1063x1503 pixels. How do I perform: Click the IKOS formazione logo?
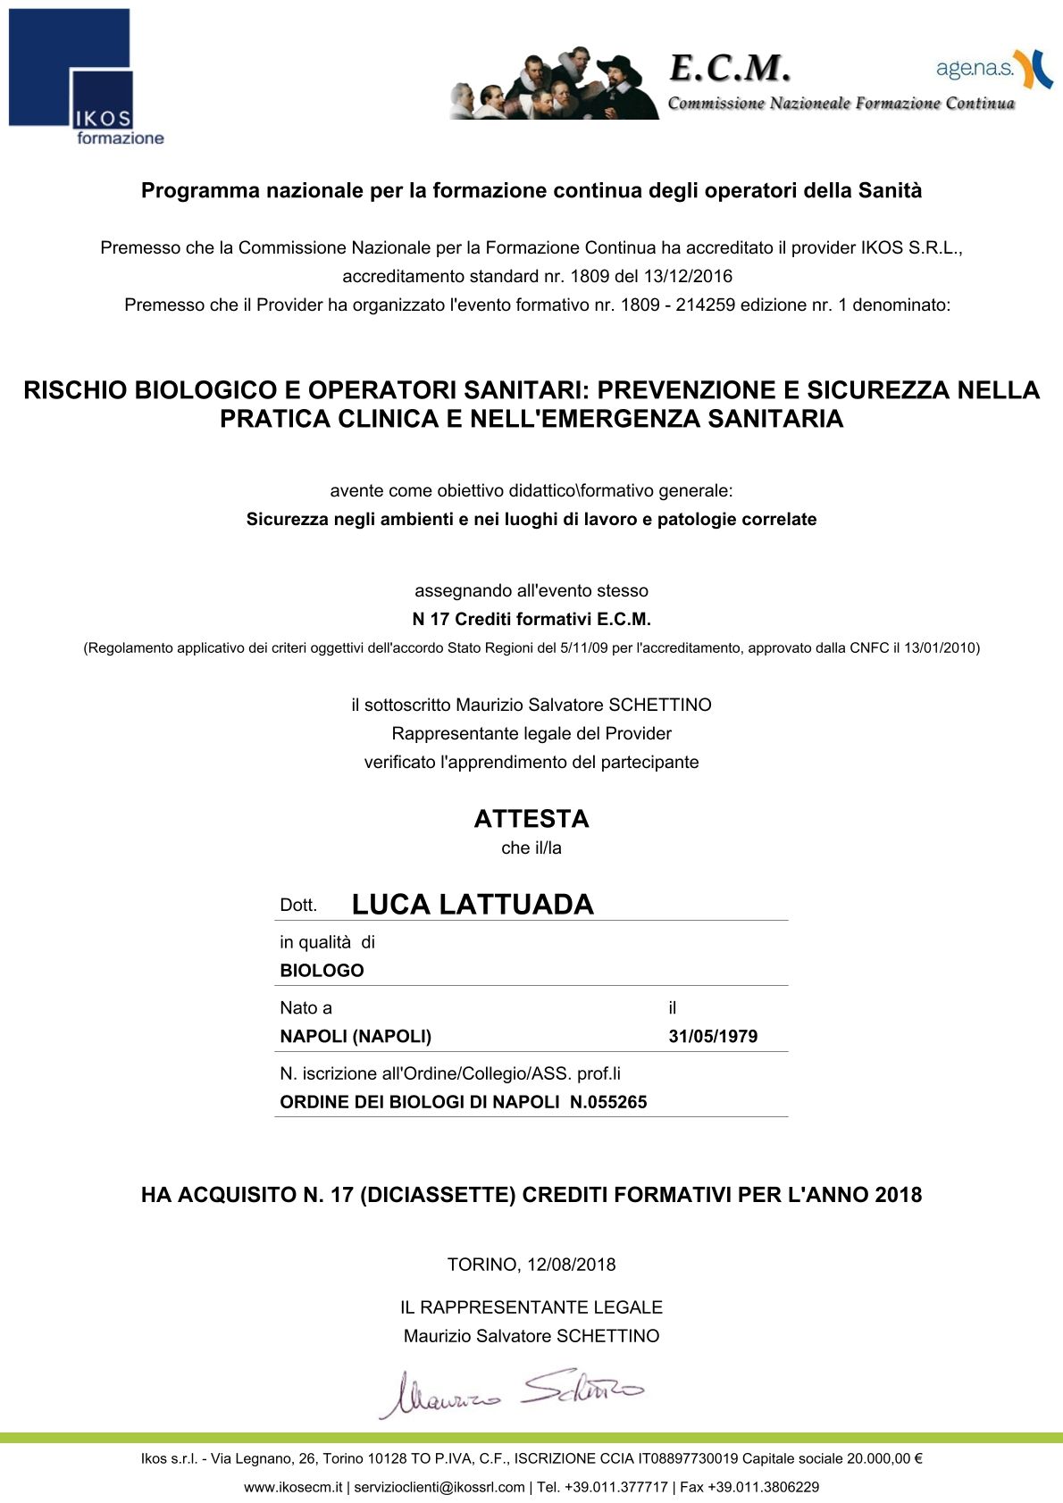click(x=87, y=77)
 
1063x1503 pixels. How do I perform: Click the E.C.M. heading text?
click(x=729, y=68)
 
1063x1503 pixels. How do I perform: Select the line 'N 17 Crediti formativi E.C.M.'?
click(x=531, y=619)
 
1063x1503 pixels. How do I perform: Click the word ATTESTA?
click(x=531, y=819)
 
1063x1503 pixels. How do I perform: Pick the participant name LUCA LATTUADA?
click(x=473, y=905)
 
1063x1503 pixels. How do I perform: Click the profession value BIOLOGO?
click(x=322, y=971)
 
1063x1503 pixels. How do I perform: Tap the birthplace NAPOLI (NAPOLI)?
click(x=356, y=1037)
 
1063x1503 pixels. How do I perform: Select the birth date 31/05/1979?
click(x=713, y=1037)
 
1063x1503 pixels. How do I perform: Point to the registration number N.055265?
click(x=608, y=1102)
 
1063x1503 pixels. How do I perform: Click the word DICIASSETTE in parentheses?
click(x=438, y=1195)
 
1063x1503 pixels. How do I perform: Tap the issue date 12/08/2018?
click(x=572, y=1265)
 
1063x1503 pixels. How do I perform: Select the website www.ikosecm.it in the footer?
click(x=293, y=1487)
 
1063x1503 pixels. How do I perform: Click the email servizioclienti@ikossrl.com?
click(x=439, y=1487)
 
